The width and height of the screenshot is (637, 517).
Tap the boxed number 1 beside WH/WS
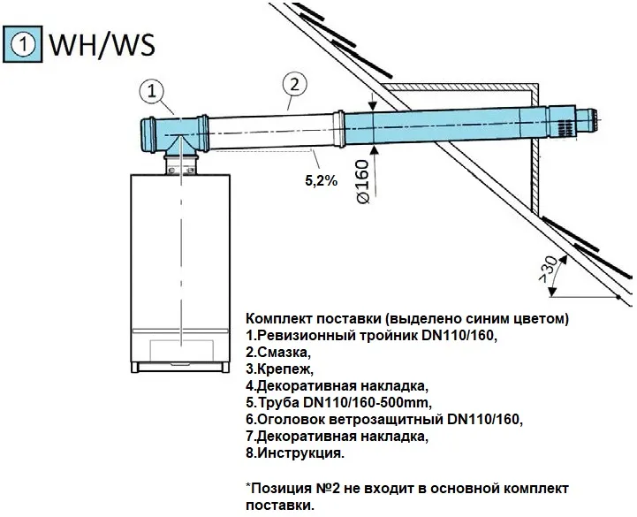27,42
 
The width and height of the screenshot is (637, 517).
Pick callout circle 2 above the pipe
295,85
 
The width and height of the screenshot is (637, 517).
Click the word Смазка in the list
282,353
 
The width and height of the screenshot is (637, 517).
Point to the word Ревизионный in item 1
303,336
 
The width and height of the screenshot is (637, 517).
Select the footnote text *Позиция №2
292,488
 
